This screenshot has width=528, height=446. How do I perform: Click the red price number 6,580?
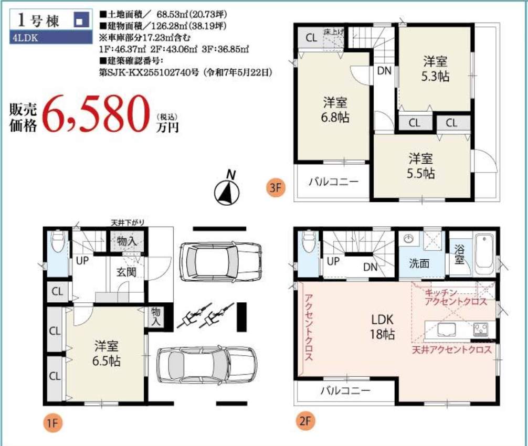[x=96, y=114]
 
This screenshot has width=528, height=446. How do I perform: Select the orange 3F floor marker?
[x=276, y=187]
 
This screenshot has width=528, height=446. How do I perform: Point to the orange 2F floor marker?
[x=305, y=421]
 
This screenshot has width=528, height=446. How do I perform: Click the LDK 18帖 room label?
[x=382, y=326]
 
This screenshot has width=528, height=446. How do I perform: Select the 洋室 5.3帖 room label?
[x=435, y=69]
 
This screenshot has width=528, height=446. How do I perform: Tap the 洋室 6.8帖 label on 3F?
[x=335, y=110]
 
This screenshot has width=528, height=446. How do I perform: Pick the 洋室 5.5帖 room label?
[x=420, y=166]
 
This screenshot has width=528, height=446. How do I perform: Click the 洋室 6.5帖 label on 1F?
[x=107, y=353]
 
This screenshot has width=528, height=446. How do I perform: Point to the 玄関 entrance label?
[x=126, y=271]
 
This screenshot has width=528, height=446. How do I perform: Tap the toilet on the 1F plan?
[x=58, y=241]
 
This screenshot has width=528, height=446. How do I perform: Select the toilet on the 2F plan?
[x=310, y=241]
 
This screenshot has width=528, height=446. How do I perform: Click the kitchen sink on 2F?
[x=447, y=330]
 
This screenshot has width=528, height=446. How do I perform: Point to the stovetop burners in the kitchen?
[x=481, y=330]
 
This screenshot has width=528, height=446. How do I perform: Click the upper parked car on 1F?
[x=221, y=261]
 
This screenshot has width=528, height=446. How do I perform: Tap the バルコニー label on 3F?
[x=334, y=182]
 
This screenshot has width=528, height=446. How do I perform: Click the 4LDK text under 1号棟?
[x=26, y=38]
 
